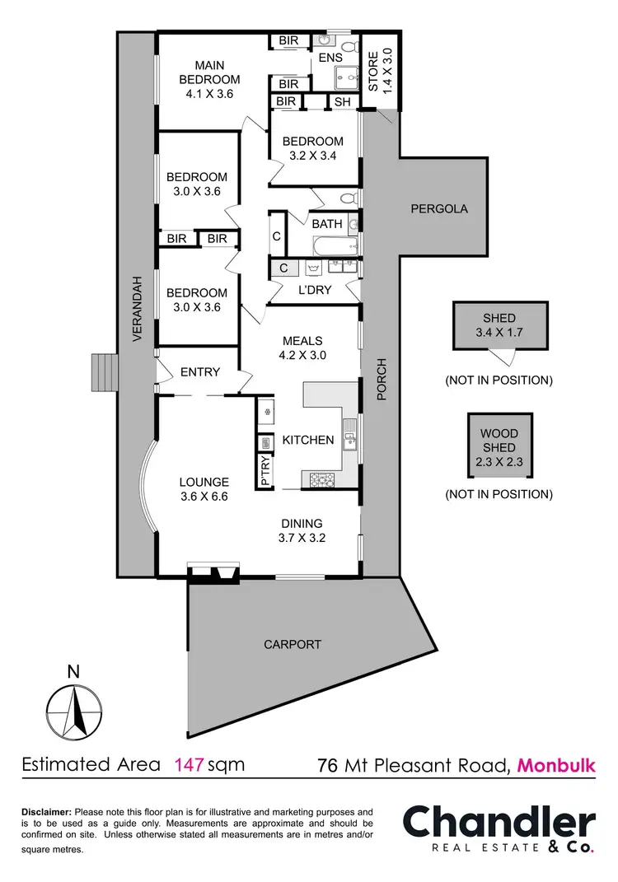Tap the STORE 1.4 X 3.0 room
point(382,72)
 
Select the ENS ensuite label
point(330,58)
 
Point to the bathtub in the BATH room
point(333,246)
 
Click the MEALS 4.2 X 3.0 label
point(302,348)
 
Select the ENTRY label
point(199,372)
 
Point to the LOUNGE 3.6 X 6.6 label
point(204,489)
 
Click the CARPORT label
point(293,644)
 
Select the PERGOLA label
point(439,208)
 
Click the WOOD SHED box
point(499,446)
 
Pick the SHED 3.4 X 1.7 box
point(499,325)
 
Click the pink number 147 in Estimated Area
point(189,764)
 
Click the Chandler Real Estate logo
point(499,831)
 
